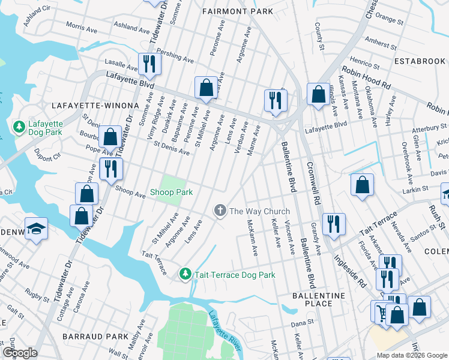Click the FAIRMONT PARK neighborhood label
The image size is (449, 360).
click(x=238, y=11)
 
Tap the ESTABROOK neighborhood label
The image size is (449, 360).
click(x=420, y=61)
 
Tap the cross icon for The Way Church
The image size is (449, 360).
click(x=220, y=211)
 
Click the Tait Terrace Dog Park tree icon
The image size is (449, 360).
click(x=185, y=274)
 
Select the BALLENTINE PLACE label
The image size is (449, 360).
click(x=319, y=299)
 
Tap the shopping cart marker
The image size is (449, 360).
click(x=381, y=311)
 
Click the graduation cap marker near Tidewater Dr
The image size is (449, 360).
click(x=37, y=230)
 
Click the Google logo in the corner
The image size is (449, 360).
click(x=20, y=353)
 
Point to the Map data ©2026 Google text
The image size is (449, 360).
click(x=412, y=355)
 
